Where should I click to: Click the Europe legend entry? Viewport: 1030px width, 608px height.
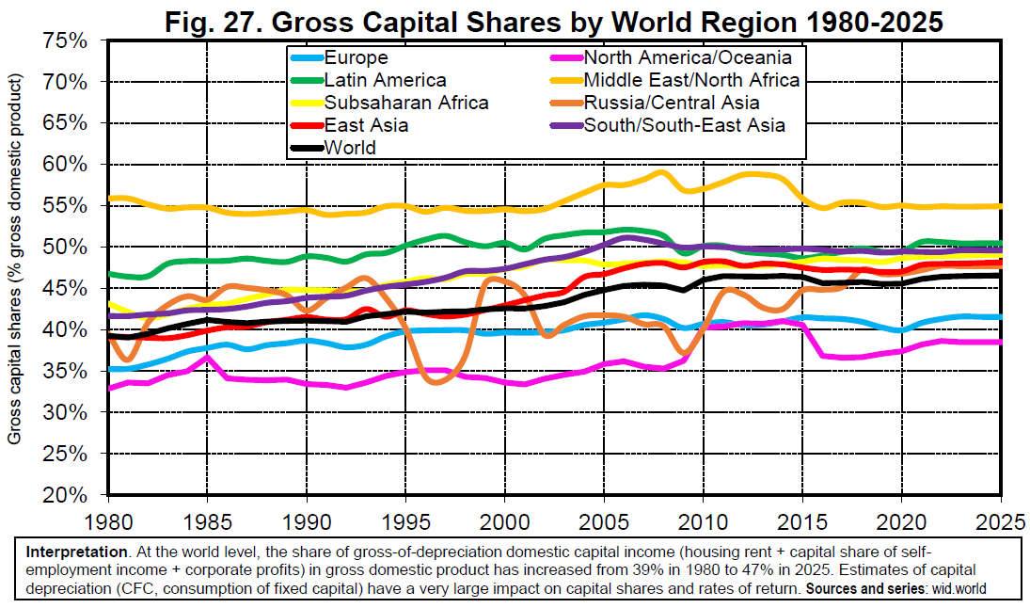355,57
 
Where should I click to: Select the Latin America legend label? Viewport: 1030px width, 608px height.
385,80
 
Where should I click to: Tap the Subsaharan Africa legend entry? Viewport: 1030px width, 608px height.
405,103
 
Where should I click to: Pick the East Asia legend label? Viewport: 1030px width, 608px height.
366,125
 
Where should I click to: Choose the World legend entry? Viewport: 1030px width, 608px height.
349,148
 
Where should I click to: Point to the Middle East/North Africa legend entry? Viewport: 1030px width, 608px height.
691,80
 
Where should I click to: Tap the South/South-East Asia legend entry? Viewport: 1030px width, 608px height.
684,125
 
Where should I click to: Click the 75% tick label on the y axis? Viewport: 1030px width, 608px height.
66,40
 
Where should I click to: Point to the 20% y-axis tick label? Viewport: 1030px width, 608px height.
66,495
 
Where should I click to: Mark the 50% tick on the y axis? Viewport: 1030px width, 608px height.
66,247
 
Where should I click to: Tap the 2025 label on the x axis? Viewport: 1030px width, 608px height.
1000,520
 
